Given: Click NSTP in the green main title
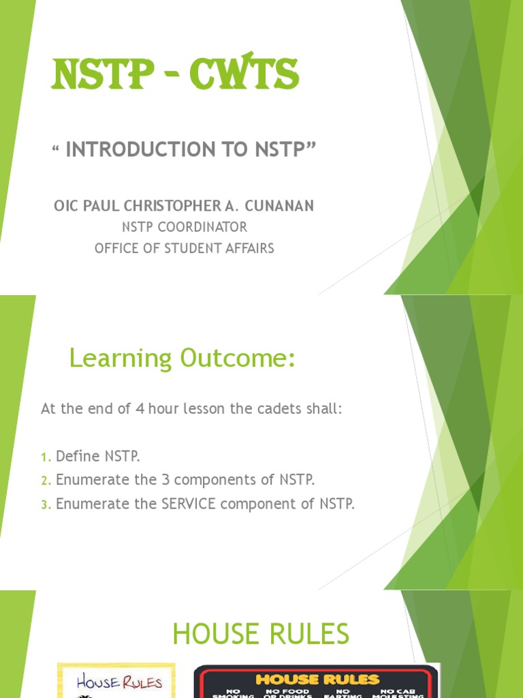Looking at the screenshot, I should point(98,74).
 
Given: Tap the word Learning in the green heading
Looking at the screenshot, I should point(121,359).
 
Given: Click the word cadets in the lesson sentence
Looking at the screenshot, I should point(281,409).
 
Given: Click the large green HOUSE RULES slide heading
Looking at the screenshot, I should point(261,635).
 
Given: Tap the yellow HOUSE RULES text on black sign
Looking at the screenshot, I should point(317,680).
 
